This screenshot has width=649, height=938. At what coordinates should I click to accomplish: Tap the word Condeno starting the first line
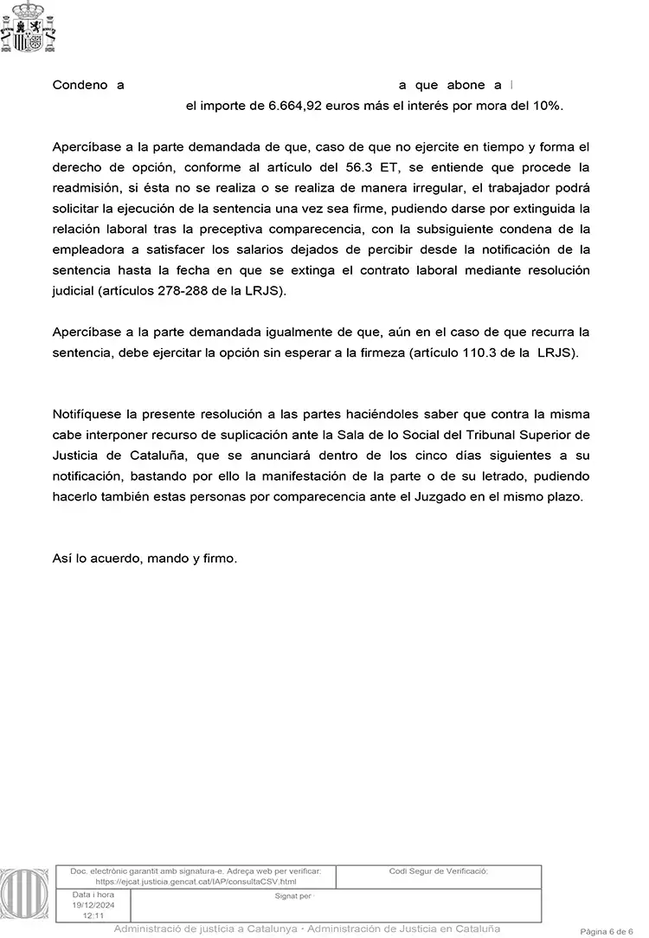click(x=80, y=85)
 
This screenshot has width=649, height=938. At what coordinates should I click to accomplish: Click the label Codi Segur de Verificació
click(x=439, y=870)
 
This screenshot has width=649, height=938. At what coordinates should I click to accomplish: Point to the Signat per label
click(x=292, y=896)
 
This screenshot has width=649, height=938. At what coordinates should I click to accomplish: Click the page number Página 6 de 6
click(x=613, y=930)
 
